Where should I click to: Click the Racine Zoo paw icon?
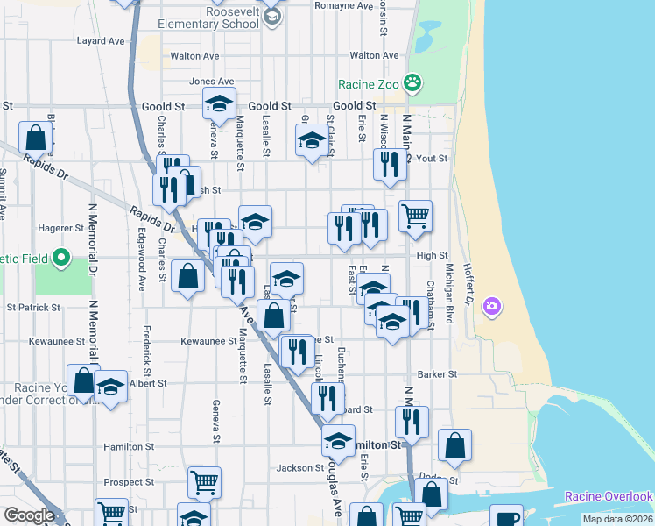(412, 84)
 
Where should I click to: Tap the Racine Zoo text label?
(369, 85)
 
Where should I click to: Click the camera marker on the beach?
(492, 306)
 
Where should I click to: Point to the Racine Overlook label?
(608, 496)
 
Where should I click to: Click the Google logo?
(29, 515)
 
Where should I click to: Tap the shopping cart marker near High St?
(415, 215)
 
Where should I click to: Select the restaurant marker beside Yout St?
(388, 164)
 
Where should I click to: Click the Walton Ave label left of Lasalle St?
(194, 55)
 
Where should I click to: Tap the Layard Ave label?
(101, 41)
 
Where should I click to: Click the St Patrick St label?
(33, 308)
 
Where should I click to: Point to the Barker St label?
(437, 374)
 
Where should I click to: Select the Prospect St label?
(129, 482)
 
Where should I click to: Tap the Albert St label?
(147, 384)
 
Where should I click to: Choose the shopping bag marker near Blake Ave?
(36, 138)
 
